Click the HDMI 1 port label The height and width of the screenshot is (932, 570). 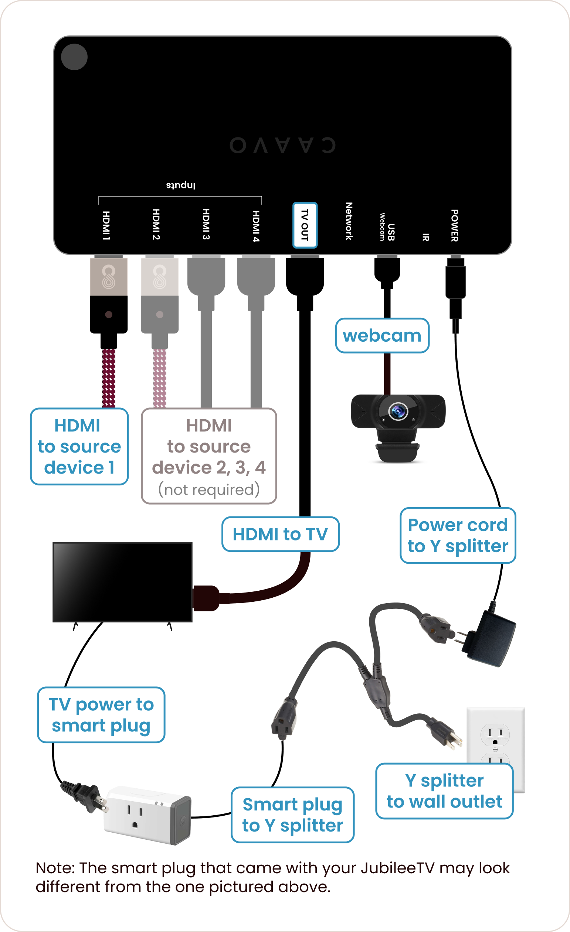[106, 226]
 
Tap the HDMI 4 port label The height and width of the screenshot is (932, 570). [256, 226]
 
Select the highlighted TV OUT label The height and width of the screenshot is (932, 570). [305, 225]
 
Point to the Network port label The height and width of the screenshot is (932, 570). [349, 221]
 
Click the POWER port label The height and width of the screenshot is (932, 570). [455, 225]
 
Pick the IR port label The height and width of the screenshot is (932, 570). [426, 237]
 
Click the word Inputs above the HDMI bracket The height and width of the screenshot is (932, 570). [180, 185]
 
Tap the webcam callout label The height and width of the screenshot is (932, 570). [382, 335]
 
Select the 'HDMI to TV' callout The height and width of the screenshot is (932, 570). [280, 534]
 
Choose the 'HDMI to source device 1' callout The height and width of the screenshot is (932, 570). [79, 446]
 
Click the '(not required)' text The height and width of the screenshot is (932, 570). [209, 489]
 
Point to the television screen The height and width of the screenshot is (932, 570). [122, 582]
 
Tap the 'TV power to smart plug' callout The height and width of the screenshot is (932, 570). [101, 715]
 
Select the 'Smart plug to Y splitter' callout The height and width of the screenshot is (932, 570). [292, 815]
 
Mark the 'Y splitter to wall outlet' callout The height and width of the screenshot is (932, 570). [444, 791]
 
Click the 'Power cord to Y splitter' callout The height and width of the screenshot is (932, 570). [458, 536]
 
